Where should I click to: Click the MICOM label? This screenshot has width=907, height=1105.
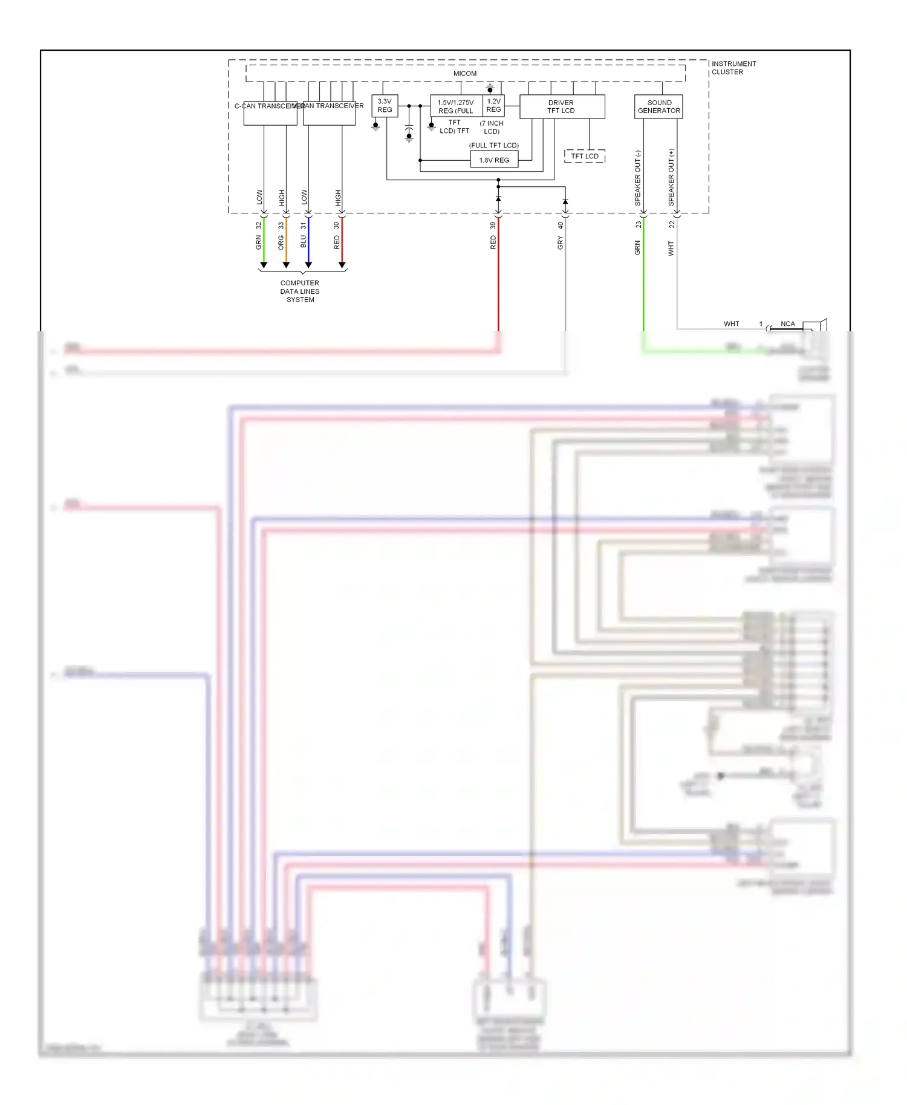coord(464,74)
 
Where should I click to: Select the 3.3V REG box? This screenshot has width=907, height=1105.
coord(385,106)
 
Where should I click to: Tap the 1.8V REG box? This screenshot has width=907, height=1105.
coord(494,160)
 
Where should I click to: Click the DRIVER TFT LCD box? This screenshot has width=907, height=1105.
coord(561,107)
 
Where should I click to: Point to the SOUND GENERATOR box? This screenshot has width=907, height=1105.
coord(658,107)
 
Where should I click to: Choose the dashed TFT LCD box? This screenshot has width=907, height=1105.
coord(584,156)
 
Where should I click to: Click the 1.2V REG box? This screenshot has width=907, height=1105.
coord(493,106)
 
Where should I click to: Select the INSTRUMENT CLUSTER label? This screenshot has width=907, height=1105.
coord(733,68)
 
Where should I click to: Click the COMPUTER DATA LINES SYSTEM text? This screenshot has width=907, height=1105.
coord(300,291)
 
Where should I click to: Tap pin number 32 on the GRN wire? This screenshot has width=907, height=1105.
coord(259,225)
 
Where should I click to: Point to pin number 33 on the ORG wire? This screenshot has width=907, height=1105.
coord(281,225)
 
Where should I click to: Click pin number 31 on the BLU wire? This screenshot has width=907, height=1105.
coord(304,225)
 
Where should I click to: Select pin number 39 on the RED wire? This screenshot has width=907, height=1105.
coord(493,225)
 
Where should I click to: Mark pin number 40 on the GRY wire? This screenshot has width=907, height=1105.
coord(560,225)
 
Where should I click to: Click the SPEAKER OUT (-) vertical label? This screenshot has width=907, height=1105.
coord(637,178)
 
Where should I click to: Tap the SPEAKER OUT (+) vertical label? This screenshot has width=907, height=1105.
coord(671,178)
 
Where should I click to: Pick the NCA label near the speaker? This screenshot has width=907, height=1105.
coord(787,324)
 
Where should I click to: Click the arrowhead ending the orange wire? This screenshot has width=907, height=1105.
coord(286,265)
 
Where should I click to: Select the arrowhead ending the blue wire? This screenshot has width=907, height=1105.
coord(308,265)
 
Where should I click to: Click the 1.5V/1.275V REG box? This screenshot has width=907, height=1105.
coord(456,106)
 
